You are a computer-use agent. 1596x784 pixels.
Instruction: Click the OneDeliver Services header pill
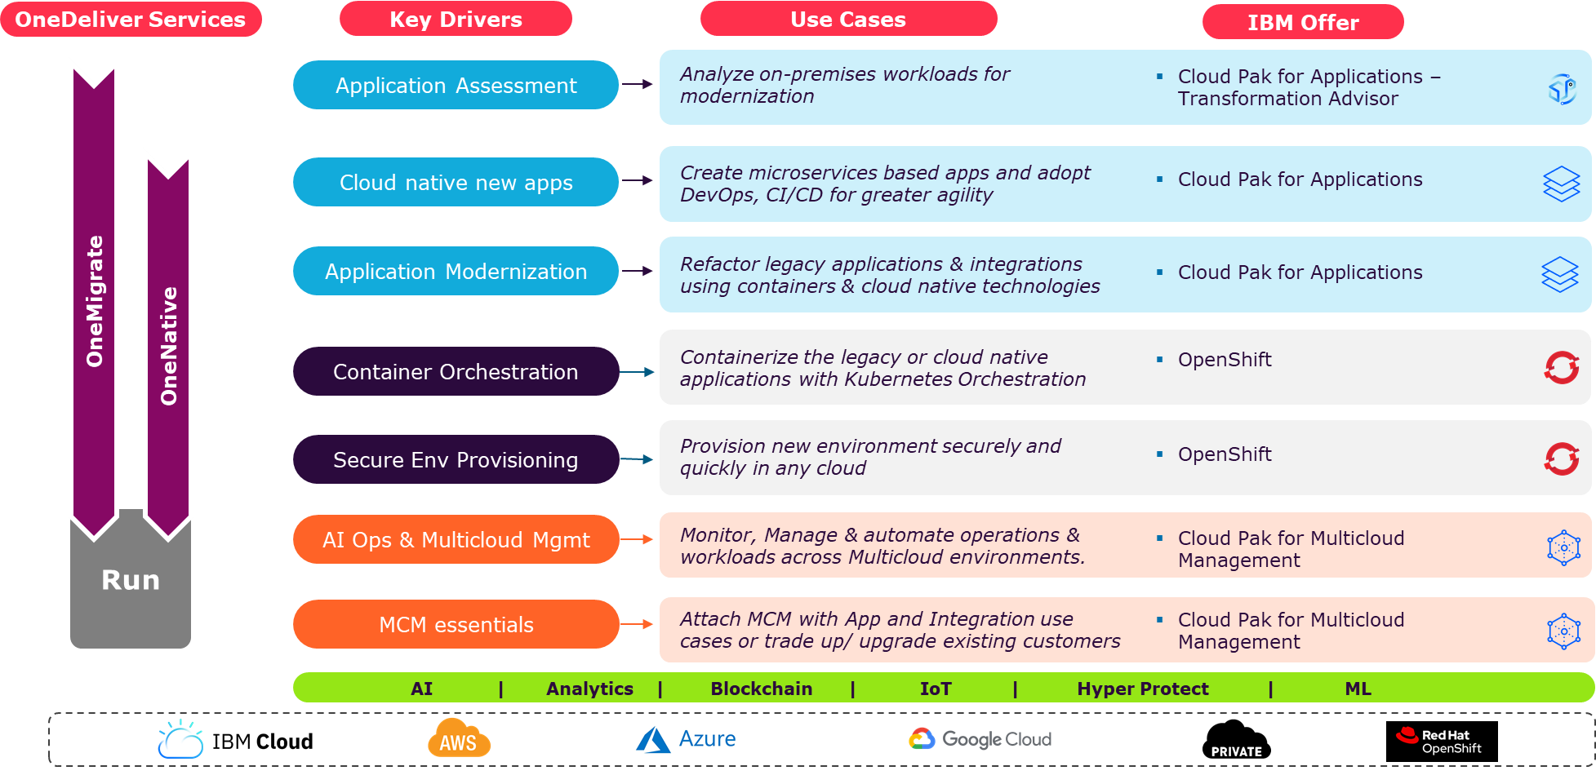pos(131,20)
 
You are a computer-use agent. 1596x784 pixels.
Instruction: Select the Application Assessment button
pos(456,85)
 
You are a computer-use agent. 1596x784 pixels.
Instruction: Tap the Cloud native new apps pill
pos(456,182)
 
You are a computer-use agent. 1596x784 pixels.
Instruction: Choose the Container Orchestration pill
pos(456,371)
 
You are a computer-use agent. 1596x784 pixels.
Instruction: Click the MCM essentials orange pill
pos(456,624)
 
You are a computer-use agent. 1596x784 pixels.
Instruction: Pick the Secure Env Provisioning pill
pos(456,459)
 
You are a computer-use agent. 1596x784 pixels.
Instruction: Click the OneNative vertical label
pos(169,346)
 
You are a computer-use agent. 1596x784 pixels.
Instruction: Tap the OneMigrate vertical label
pos(95,301)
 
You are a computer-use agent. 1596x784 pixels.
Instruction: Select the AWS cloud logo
pos(459,738)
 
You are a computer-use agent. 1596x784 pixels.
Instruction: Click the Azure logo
pos(686,739)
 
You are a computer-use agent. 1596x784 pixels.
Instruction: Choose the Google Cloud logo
pos(980,739)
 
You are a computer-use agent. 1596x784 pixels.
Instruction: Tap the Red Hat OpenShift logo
pos(1442,742)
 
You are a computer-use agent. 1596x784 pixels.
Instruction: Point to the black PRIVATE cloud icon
pos(1236,740)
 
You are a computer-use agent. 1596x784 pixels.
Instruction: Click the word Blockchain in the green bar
pos(761,689)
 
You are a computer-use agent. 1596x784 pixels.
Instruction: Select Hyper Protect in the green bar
pos(1142,689)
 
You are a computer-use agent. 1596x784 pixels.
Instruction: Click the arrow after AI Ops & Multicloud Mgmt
pos(638,539)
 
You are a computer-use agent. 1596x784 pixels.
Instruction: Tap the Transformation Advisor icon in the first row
pos(1562,88)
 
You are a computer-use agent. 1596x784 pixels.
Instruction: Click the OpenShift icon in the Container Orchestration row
pos(1562,367)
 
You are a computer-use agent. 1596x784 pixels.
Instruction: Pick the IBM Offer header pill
pos(1303,22)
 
